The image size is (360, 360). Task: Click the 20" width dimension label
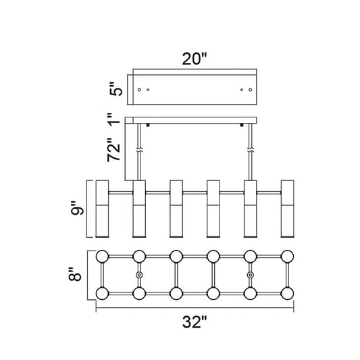click(x=195, y=59)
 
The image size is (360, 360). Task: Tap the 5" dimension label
click(x=116, y=88)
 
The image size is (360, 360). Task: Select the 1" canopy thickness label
click(x=115, y=120)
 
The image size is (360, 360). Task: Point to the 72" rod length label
click(x=114, y=150)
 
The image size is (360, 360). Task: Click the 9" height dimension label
click(x=78, y=208)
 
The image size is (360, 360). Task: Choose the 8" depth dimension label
click(x=75, y=274)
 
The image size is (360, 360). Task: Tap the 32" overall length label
click(x=195, y=322)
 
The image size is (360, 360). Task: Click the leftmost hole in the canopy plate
click(x=139, y=90)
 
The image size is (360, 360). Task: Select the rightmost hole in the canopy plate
click(x=251, y=90)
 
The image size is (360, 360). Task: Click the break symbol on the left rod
click(x=139, y=151)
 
